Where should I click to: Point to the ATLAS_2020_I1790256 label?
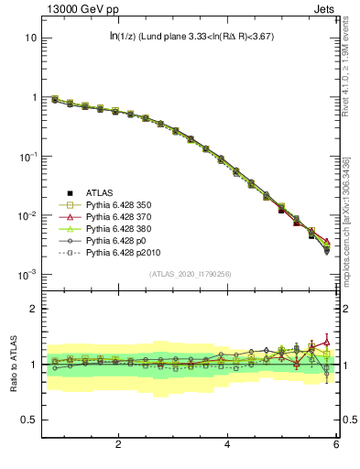pyautogui.click(x=191, y=274)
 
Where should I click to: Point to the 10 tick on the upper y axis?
pyautogui.click(x=30, y=38)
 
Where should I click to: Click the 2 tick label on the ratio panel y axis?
pyautogui.click(x=33, y=309)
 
